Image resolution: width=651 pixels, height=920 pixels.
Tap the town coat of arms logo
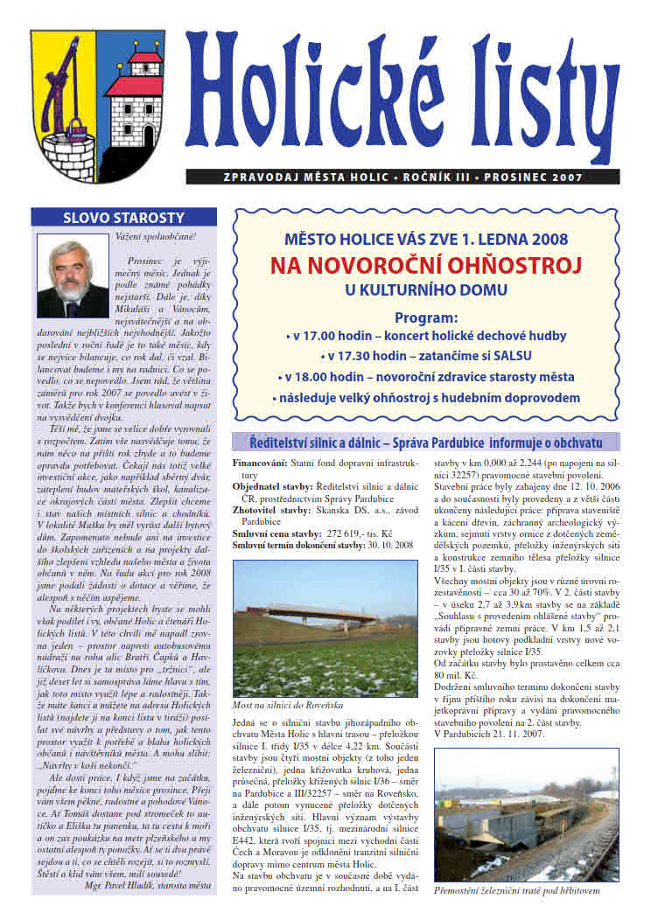(x=97, y=106)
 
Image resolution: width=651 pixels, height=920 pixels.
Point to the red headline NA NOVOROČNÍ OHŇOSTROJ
(x=426, y=264)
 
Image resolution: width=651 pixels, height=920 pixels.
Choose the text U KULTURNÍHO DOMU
(x=426, y=289)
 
